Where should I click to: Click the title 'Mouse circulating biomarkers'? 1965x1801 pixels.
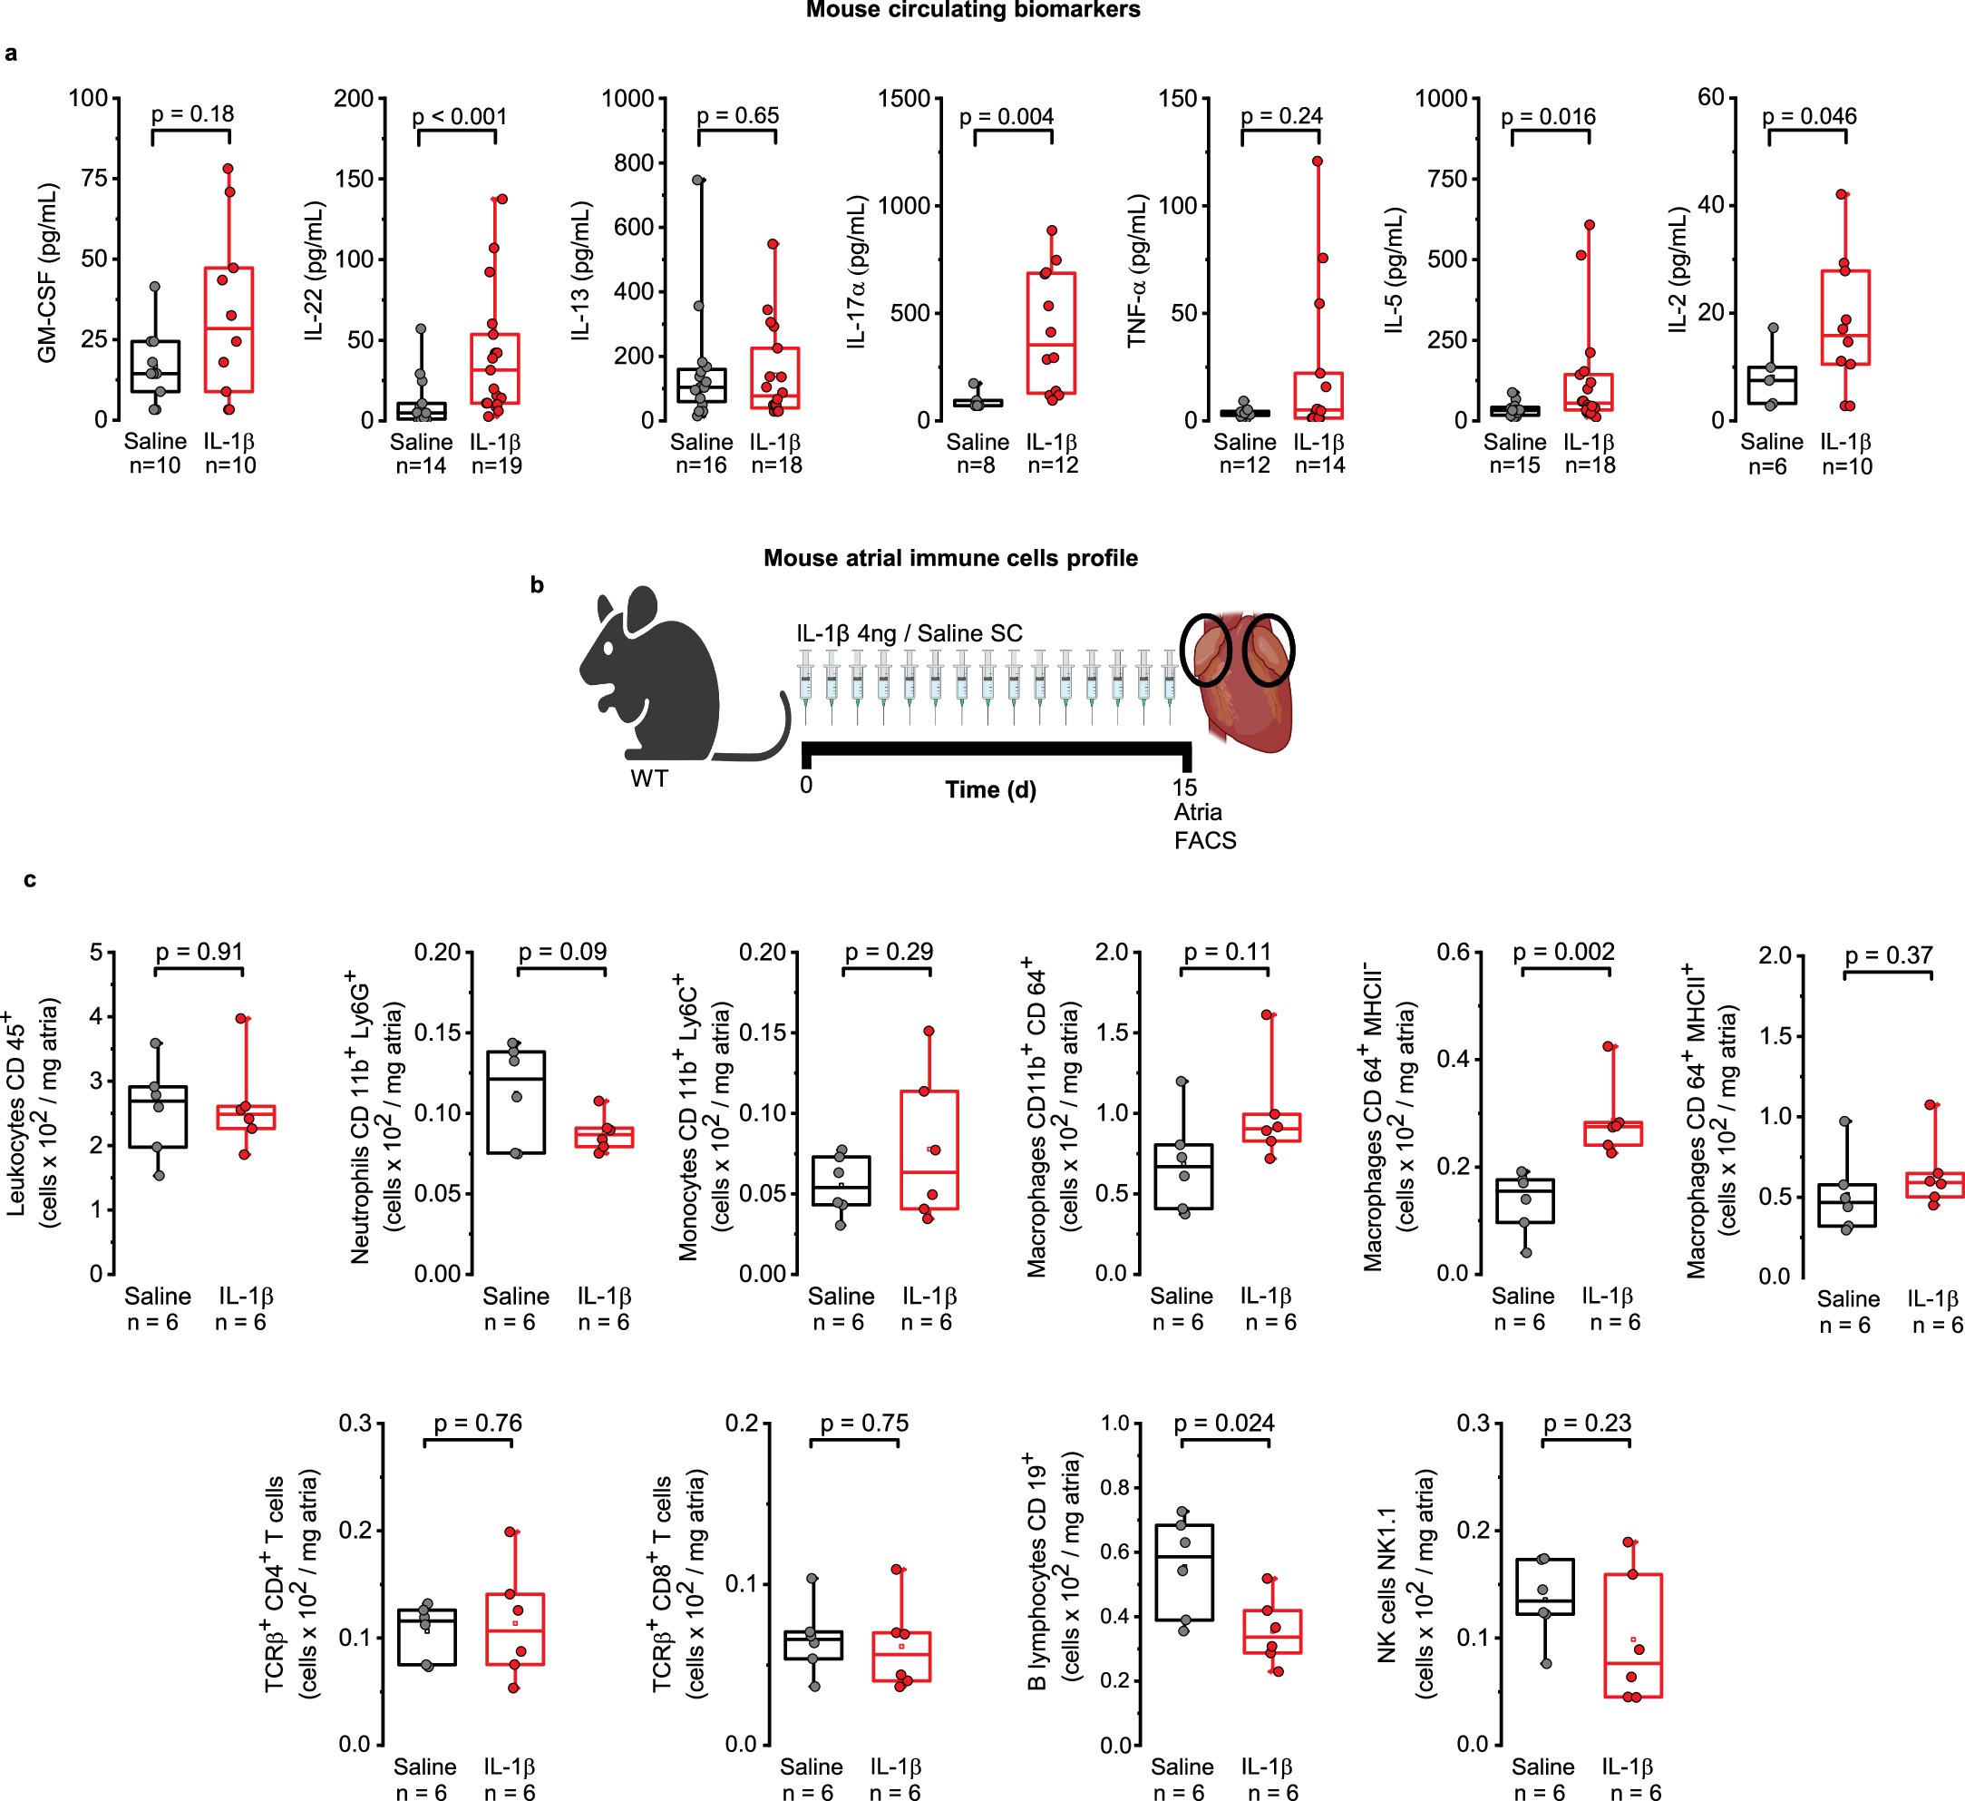(972, 11)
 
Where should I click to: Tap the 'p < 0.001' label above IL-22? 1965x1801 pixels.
(459, 117)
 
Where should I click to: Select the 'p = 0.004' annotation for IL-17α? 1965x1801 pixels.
(1006, 117)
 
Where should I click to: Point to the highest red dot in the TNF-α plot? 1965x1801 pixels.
(1317, 162)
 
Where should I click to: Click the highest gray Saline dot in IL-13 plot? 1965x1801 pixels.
(698, 181)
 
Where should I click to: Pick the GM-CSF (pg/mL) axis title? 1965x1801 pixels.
(47, 273)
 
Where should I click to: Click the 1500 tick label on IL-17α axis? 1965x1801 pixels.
(905, 99)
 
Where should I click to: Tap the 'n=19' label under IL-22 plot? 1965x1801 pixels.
(496, 466)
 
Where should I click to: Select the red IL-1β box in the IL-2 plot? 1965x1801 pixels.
(1844, 317)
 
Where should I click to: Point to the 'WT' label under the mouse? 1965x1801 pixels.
(649, 778)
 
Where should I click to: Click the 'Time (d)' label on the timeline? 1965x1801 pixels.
(990, 790)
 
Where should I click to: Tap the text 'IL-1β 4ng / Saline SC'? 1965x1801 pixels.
(909, 634)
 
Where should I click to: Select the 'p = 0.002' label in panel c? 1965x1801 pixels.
(1563, 952)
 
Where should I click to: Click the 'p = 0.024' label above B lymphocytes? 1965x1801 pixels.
(1223, 1424)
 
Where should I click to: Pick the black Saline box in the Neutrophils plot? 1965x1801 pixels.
(516, 1101)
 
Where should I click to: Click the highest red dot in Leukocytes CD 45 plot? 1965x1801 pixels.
(242, 1019)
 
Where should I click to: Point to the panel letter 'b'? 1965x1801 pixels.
(537, 585)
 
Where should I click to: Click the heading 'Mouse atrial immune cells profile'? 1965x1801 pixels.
(950, 559)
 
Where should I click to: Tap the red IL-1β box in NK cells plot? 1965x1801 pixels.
(1632, 1635)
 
